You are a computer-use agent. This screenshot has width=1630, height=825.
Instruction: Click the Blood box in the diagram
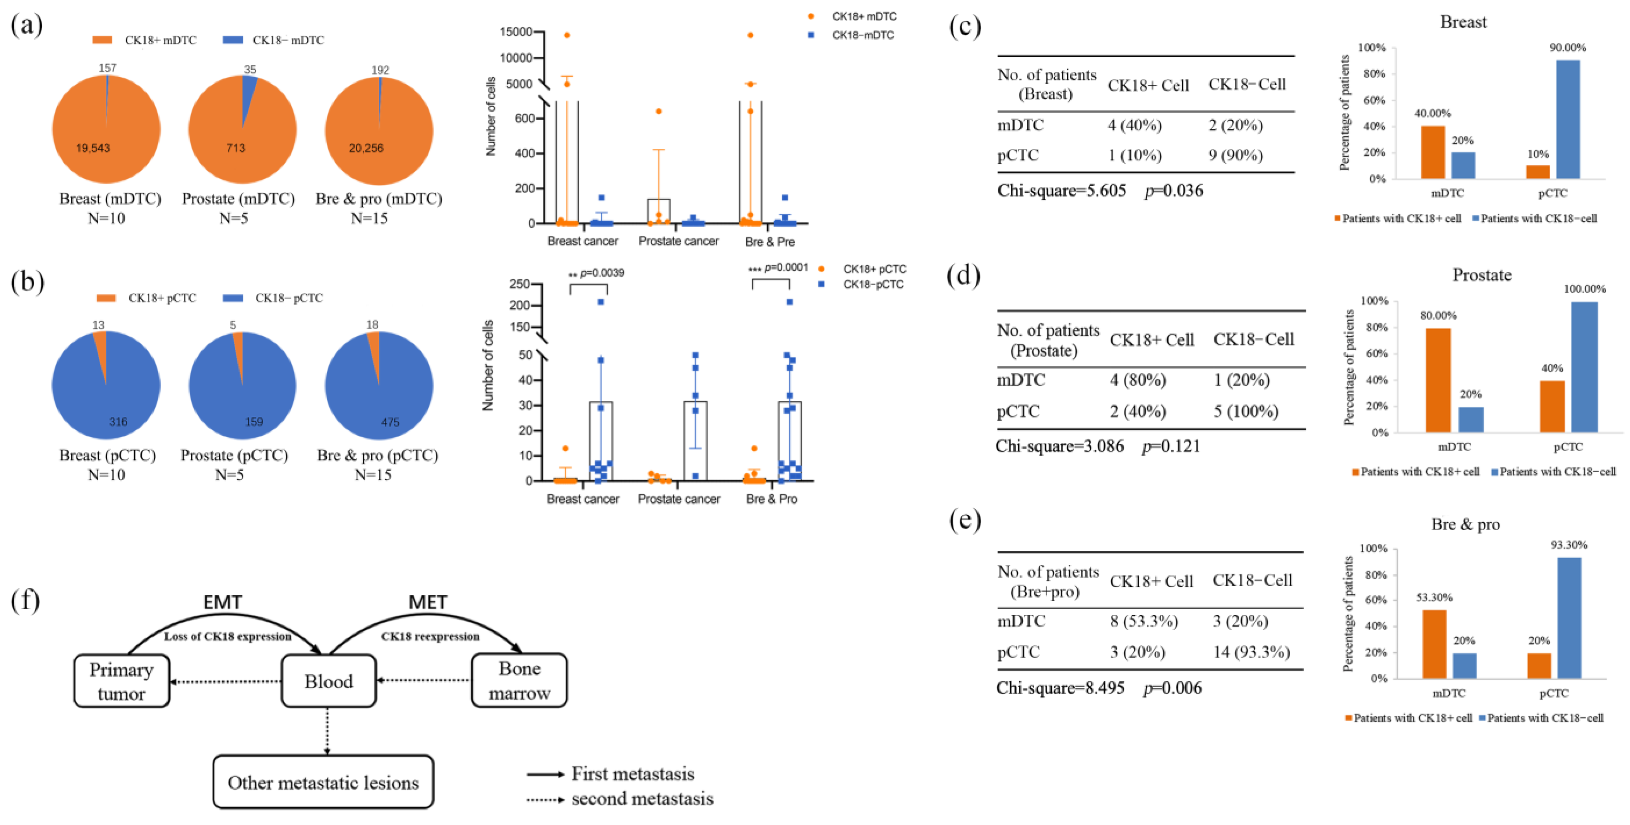pos(328,681)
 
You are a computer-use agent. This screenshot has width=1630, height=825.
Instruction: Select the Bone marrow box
pos(519,681)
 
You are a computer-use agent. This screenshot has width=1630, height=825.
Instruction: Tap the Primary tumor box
pos(122,681)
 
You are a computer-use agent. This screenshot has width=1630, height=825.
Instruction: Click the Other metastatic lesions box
pos(323,782)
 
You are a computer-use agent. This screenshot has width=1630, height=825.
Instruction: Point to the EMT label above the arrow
pos(222,602)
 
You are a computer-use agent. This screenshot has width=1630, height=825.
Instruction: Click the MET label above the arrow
pos(428,602)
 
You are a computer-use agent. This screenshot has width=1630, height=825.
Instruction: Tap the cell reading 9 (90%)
pos(1235,155)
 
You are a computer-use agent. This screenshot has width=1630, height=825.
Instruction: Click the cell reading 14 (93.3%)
pos(1251,652)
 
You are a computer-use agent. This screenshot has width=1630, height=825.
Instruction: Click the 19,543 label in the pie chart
pos(93,148)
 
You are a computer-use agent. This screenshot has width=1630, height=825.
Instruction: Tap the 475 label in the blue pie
pos(390,422)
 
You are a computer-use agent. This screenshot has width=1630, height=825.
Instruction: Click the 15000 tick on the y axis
pos(516,32)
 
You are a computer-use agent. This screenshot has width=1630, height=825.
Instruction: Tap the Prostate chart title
pos(1481,275)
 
